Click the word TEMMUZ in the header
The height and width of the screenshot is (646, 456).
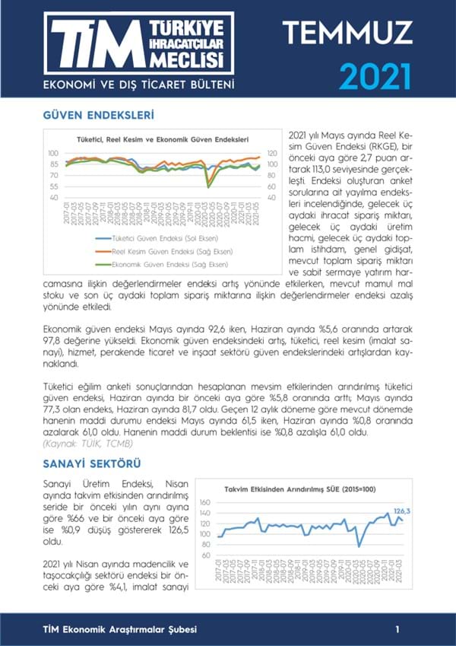[x=347, y=32]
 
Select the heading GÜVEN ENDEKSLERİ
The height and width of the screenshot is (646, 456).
[x=100, y=116]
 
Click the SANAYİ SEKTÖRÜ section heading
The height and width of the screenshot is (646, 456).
[x=91, y=463]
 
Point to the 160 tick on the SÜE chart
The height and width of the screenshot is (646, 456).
[x=204, y=502]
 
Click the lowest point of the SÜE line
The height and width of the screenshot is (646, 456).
[x=359, y=546]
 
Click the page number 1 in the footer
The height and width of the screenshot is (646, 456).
[x=397, y=628]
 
